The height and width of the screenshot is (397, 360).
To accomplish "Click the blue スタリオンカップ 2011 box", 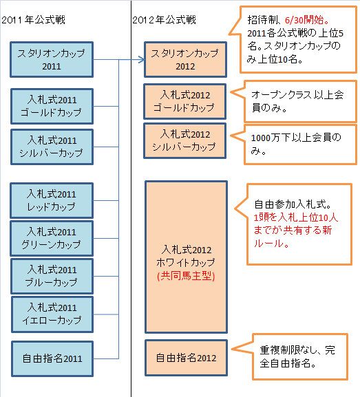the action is click(x=52, y=59).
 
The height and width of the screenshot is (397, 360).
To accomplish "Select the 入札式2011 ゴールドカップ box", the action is click(x=52, y=107).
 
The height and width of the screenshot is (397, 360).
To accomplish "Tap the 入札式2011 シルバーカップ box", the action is click(x=52, y=147).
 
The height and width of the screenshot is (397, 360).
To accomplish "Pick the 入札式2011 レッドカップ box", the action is click(x=52, y=200).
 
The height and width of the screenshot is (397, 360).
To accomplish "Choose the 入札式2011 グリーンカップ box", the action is click(x=52, y=239).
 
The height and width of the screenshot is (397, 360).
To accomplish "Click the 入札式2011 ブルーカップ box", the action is click(x=52, y=276).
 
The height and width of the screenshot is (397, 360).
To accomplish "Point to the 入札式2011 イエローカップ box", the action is click(x=52, y=314).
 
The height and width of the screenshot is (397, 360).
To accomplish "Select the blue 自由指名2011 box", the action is click(x=52, y=358).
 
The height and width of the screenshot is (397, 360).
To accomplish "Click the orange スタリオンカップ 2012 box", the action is click(x=185, y=59).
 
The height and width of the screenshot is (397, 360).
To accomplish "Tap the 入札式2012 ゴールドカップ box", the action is click(x=185, y=102).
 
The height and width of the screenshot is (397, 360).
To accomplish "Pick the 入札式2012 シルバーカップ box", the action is click(x=185, y=141).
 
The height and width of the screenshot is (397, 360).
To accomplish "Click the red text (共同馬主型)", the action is click(x=186, y=276).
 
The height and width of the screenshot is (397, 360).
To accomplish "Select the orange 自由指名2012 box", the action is click(x=187, y=358).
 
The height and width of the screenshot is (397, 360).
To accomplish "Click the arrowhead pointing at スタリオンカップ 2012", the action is click(x=142, y=60).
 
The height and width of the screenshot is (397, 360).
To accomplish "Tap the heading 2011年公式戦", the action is click(x=33, y=20).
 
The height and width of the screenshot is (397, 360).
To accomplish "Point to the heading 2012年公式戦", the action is click(x=164, y=20).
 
